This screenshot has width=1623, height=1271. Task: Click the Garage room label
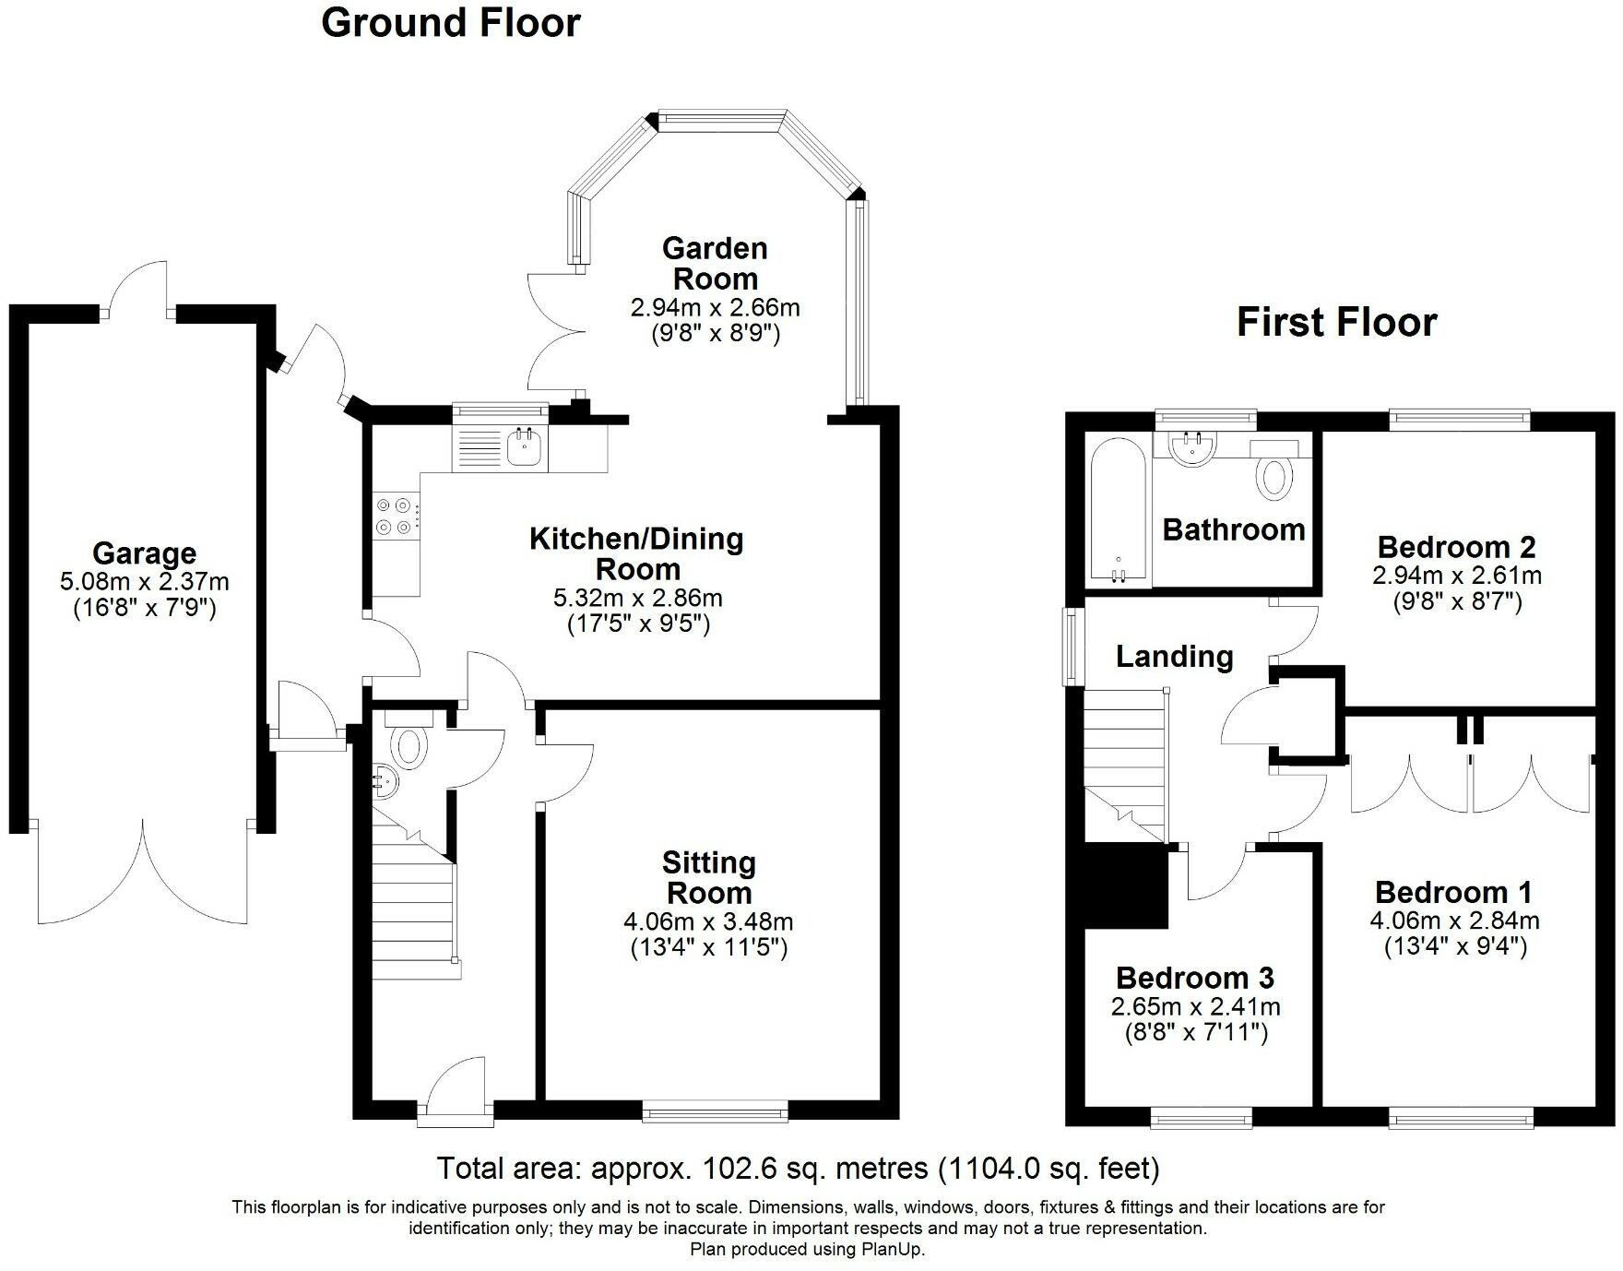(144, 553)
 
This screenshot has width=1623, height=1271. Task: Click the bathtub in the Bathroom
(1119, 510)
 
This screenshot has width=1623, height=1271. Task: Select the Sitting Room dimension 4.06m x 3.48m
(708, 921)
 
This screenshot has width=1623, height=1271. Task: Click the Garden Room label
(716, 263)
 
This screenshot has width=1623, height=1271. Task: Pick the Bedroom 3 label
(1195, 978)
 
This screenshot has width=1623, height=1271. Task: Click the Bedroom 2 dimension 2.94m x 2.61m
(1457, 576)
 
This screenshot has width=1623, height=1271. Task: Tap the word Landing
(1175, 657)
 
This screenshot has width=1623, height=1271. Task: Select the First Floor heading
(1336, 323)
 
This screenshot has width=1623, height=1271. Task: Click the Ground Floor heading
(451, 23)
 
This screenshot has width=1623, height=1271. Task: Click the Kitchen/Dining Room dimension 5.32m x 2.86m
(637, 599)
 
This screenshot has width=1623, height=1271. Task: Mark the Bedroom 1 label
(1453, 893)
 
